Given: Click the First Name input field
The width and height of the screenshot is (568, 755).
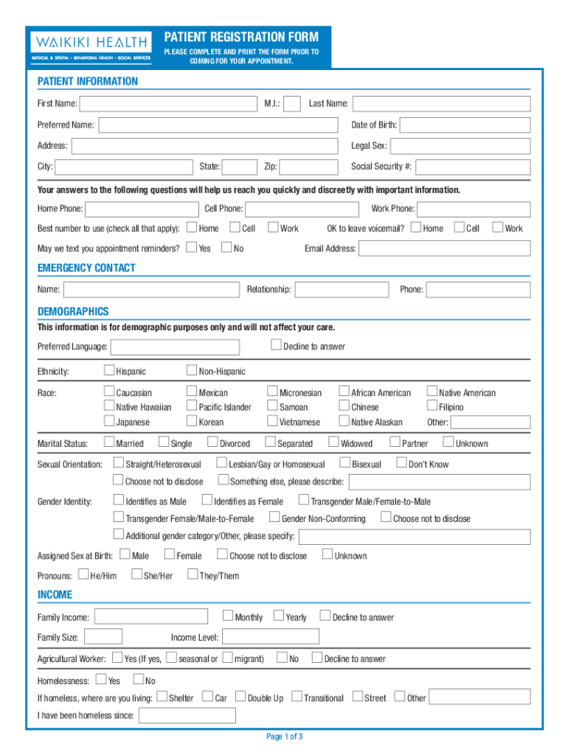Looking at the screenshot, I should tap(170, 104).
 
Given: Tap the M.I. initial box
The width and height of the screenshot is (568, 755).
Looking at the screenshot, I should tap(292, 104).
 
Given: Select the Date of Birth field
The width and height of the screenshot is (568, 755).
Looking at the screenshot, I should tap(465, 125).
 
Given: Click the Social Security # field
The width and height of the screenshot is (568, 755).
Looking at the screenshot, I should tap(474, 167).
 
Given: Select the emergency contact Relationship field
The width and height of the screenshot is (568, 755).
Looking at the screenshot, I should tap(342, 290).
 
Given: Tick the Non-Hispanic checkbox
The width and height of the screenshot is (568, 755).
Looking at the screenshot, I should tap(192, 370).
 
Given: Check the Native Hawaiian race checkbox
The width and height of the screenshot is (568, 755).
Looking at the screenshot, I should tap(109, 406).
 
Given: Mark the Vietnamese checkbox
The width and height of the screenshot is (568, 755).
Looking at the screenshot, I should tap(273, 421).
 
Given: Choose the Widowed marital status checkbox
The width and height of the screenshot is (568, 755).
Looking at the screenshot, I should tap(334, 442).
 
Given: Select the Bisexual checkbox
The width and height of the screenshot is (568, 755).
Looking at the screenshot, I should tap(345, 463).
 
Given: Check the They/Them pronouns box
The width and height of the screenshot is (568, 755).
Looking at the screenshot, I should tap(193, 574).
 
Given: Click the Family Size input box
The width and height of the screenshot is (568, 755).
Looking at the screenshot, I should tap(103, 636).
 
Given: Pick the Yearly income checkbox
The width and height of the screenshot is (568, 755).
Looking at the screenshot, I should tap(279, 616).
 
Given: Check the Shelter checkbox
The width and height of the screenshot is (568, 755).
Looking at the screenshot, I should tap(162, 697).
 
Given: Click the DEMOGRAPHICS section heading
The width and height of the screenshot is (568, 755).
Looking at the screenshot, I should tap(73, 311).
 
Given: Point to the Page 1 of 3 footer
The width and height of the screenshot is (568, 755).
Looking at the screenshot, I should tap(284, 737).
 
